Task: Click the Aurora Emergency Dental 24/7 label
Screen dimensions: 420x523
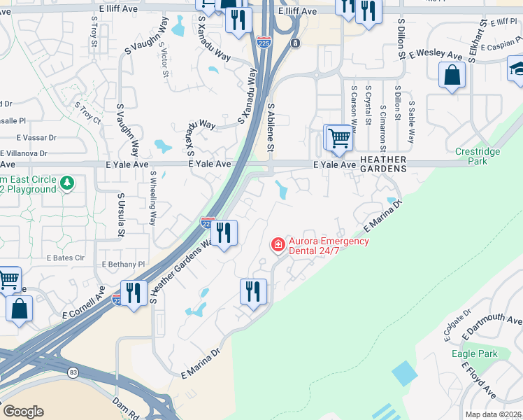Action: click(x=319, y=246)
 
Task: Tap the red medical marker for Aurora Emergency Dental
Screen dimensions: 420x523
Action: click(x=278, y=244)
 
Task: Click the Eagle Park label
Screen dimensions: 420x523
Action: click(x=475, y=353)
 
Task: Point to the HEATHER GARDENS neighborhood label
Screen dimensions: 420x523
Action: click(x=382, y=164)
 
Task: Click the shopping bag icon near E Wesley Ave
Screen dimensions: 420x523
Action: click(x=452, y=74)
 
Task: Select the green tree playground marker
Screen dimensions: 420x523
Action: click(x=67, y=183)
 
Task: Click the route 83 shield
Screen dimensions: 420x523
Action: click(x=73, y=372)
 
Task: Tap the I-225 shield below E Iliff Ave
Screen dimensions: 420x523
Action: click(x=264, y=41)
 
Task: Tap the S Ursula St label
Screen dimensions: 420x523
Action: click(x=121, y=215)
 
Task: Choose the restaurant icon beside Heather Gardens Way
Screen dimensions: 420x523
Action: click(x=224, y=232)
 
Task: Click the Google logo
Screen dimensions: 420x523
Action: click(x=23, y=411)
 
